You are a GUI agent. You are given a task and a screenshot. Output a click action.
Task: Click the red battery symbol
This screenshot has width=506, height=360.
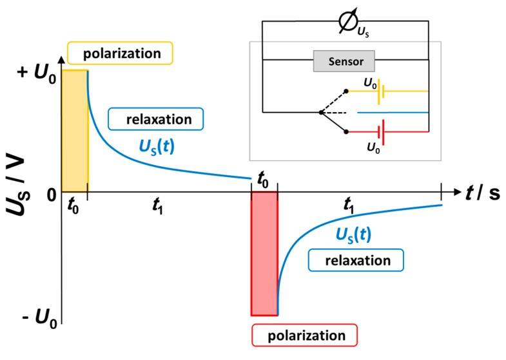click(x=380, y=131)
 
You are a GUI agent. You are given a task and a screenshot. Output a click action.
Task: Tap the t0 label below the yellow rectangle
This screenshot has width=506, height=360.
click(x=74, y=207)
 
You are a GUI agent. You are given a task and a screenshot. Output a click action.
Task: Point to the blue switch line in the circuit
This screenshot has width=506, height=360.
click(x=393, y=112)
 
